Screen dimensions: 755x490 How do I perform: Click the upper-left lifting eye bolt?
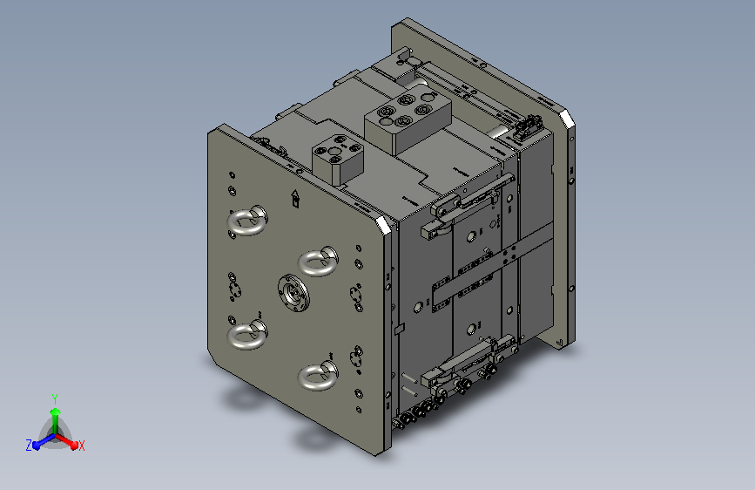(x=246, y=221)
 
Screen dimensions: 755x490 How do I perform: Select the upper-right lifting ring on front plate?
(x=317, y=262)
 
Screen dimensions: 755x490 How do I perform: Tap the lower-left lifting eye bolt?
(x=246, y=334)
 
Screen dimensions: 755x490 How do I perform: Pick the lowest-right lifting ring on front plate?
(x=317, y=375)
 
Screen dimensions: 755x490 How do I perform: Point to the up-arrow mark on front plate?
(x=295, y=198)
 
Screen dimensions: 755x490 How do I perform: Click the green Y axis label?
(x=55, y=399)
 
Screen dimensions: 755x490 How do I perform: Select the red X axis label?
(x=81, y=446)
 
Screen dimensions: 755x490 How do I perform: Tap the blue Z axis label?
(x=29, y=446)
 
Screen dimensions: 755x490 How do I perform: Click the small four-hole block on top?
(x=337, y=160)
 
